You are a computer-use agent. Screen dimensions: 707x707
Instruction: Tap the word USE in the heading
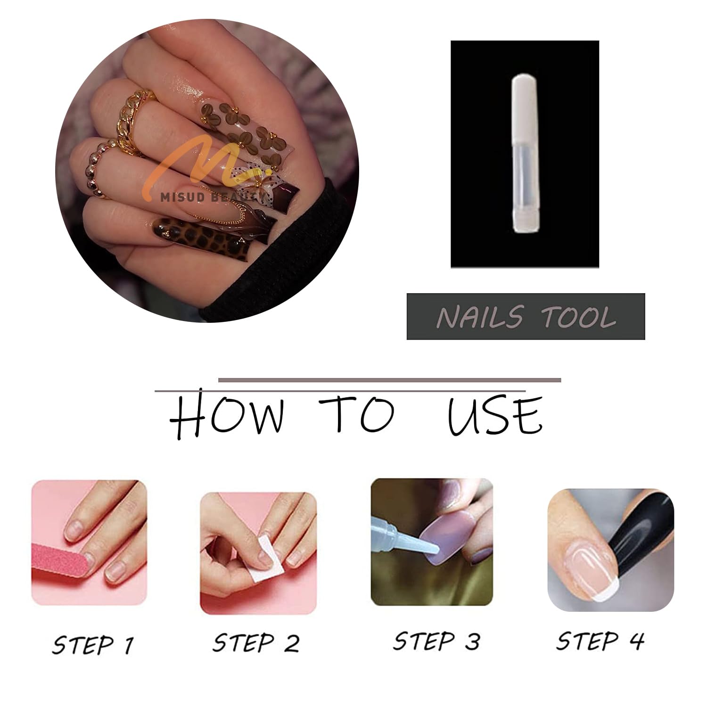(x=495, y=416)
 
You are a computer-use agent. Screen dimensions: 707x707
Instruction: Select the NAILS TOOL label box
(x=526, y=316)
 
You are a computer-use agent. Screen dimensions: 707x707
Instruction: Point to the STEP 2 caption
(x=255, y=642)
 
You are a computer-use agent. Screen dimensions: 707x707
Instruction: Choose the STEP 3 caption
(x=436, y=641)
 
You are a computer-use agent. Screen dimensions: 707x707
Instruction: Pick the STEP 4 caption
(x=600, y=641)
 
